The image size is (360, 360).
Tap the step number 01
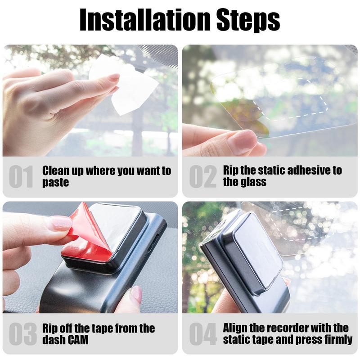[21, 177]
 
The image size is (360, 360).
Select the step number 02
[202, 177]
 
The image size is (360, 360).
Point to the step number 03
[21, 333]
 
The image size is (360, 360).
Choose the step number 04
[202, 333]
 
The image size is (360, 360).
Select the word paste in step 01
[55, 183]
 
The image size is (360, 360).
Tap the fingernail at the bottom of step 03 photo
[135, 295]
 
